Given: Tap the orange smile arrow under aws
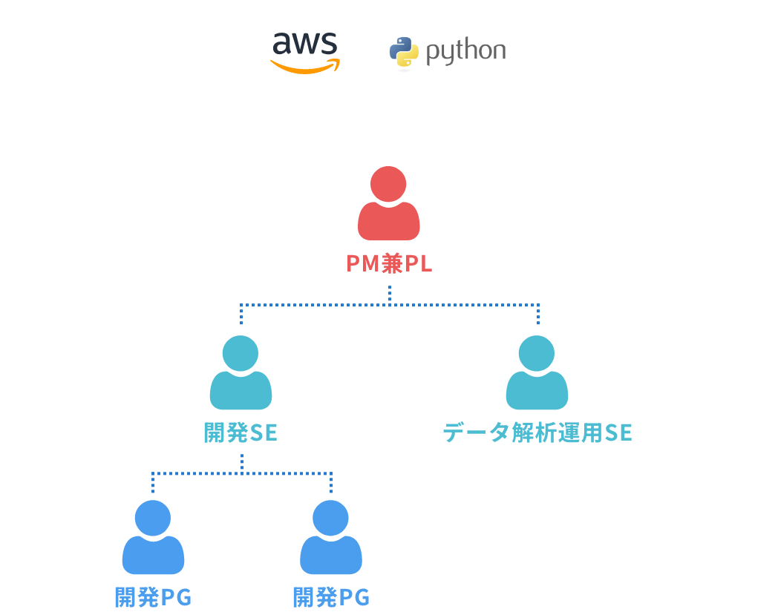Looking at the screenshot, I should pyautogui.click(x=304, y=68).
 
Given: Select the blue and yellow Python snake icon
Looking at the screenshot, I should pyautogui.click(x=404, y=52).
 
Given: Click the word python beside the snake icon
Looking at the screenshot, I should pyautogui.click(x=466, y=52).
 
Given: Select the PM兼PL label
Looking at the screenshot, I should pyautogui.click(x=389, y=264).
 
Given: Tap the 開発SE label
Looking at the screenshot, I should pyautogui.click(x=241, y=433).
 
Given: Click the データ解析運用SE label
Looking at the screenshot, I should pyautogui.click(x=537, y=433).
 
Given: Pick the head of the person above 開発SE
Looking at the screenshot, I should pyautogui.click(x=241, y=353).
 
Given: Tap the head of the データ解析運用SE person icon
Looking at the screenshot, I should pyautogui.click(x=537, y=353).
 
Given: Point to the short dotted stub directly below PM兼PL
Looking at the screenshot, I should pyautogui.click(x=389, y=295).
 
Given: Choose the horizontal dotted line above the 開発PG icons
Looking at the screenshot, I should pyautogui.click(x=241, y=473).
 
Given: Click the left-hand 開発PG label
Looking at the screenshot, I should pyautogui.click(x=153, y=598).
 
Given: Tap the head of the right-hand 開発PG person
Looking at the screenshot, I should pyautogui.click(x=330, y=517).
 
